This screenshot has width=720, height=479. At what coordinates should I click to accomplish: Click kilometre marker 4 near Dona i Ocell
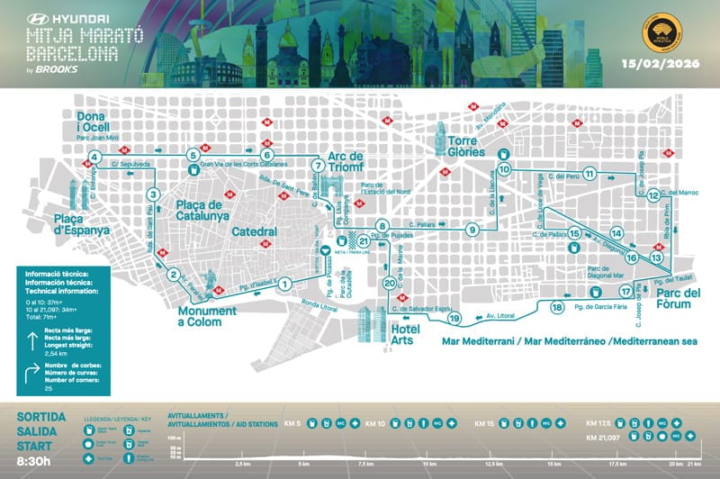pyautogui.click(x=94, y=159)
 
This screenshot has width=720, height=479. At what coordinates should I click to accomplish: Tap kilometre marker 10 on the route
pyautogui.click(x=504, y=168)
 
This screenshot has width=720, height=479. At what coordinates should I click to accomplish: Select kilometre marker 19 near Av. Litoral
pyautogui.click(x=454, y=318)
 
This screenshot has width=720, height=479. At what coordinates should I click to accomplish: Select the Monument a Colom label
pyautogui.click(x=206, y=315)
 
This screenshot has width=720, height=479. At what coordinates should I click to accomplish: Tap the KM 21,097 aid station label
pyautogui.click(x=604, y=438)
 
